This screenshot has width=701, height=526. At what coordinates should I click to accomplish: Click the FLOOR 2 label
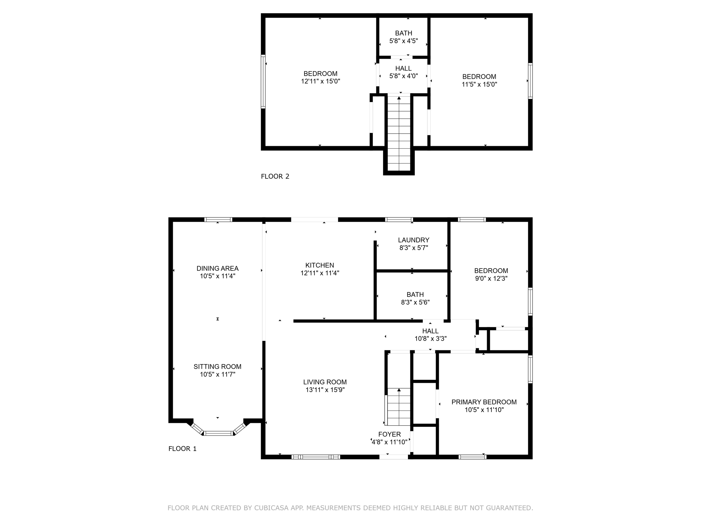275,176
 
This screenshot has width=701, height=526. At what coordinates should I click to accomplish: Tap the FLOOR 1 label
182,449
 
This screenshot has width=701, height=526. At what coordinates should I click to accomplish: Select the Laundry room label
413,240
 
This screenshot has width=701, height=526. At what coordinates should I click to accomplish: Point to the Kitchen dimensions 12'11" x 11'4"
320,273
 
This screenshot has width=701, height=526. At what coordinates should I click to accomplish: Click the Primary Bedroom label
484,402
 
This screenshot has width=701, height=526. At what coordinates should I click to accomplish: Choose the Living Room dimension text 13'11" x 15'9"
325,390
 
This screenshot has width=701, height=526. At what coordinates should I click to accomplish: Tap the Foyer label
390,434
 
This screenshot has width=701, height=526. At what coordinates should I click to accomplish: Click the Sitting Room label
217,367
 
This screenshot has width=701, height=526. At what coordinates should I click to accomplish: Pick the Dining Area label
217,268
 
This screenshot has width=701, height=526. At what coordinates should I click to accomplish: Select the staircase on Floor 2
399,133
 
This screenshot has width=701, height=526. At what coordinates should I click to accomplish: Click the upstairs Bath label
404,33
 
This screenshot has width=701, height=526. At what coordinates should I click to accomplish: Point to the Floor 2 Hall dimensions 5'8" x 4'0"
404,76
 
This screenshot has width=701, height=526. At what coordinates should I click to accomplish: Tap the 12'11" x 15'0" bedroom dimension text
320,81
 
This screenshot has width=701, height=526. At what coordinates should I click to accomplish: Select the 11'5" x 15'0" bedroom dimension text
479,84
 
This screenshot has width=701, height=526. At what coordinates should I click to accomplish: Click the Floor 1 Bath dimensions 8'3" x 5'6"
415,302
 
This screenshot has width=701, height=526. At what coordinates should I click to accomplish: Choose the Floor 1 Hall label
430,331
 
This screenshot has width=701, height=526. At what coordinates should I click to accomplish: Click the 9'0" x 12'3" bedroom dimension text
491,278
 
